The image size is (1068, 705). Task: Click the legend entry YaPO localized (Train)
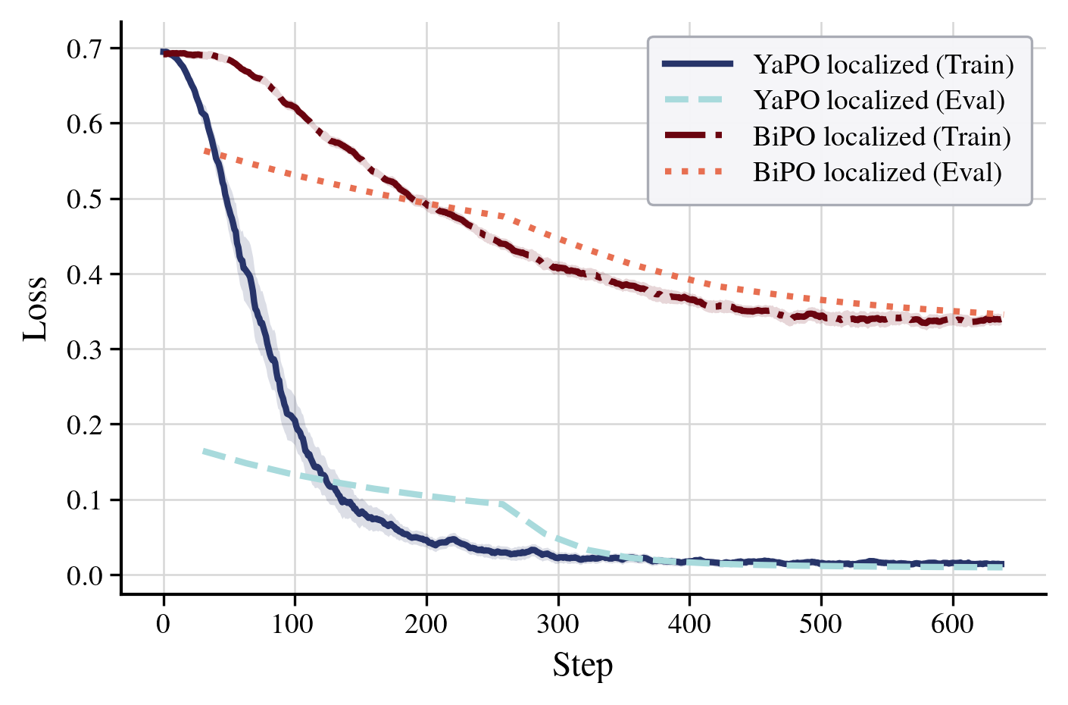click(x=883, y=65)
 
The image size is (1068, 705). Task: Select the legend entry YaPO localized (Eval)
click(x=879, y=101)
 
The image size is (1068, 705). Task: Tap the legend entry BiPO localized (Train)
click(x=882, y=137)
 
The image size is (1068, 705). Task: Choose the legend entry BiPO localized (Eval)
click(x=877, y=173)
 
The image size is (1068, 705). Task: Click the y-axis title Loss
click(x=35, y=309)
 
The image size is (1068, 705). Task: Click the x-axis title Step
click(x=582, y=666)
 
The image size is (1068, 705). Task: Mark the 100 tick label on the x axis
click(x=295, y=625)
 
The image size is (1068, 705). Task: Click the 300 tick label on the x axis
click(x=558, y=625)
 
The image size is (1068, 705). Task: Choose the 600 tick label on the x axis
click(x=952, y=625)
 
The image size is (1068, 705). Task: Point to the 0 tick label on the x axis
click(x=164, y=625)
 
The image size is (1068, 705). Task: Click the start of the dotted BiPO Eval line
click(x=205, y=151)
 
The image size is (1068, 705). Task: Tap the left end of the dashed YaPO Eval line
click(x=205, y=451)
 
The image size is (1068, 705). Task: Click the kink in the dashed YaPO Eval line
click(x=500, y=503)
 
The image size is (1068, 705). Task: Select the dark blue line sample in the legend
click(x=698, y=65)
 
